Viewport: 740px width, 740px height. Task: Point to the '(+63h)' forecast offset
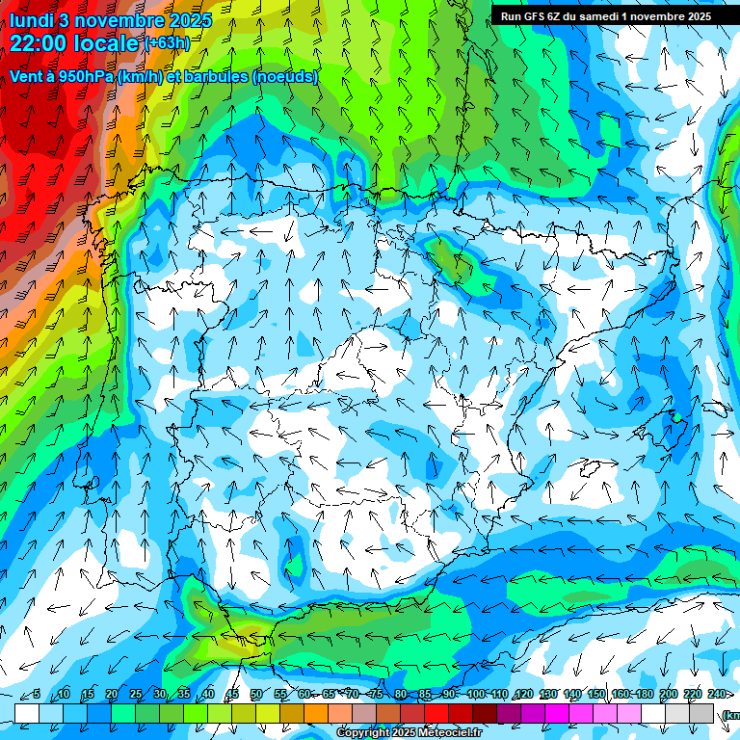[x=168, y=43]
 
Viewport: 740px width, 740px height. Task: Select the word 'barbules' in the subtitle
[x=208, y=77]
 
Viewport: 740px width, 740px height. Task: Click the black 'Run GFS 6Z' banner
[x=606, y=16]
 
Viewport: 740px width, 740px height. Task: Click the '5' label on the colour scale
[x=37, y=695]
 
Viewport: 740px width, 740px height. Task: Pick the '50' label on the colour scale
[x=255, y=695]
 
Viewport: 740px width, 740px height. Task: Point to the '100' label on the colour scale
[x=476, y=695]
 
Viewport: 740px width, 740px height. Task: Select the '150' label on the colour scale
[x=596, y=695]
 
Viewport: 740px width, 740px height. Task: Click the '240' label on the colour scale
[x=717, y=695]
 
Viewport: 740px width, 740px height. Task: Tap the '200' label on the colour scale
[x=669, y=695]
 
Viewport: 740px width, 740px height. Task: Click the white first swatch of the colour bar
[x=26, y=713]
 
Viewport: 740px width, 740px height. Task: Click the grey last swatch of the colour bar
[x=701, y=713]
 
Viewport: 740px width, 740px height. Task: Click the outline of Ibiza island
[x=588, y=470]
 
